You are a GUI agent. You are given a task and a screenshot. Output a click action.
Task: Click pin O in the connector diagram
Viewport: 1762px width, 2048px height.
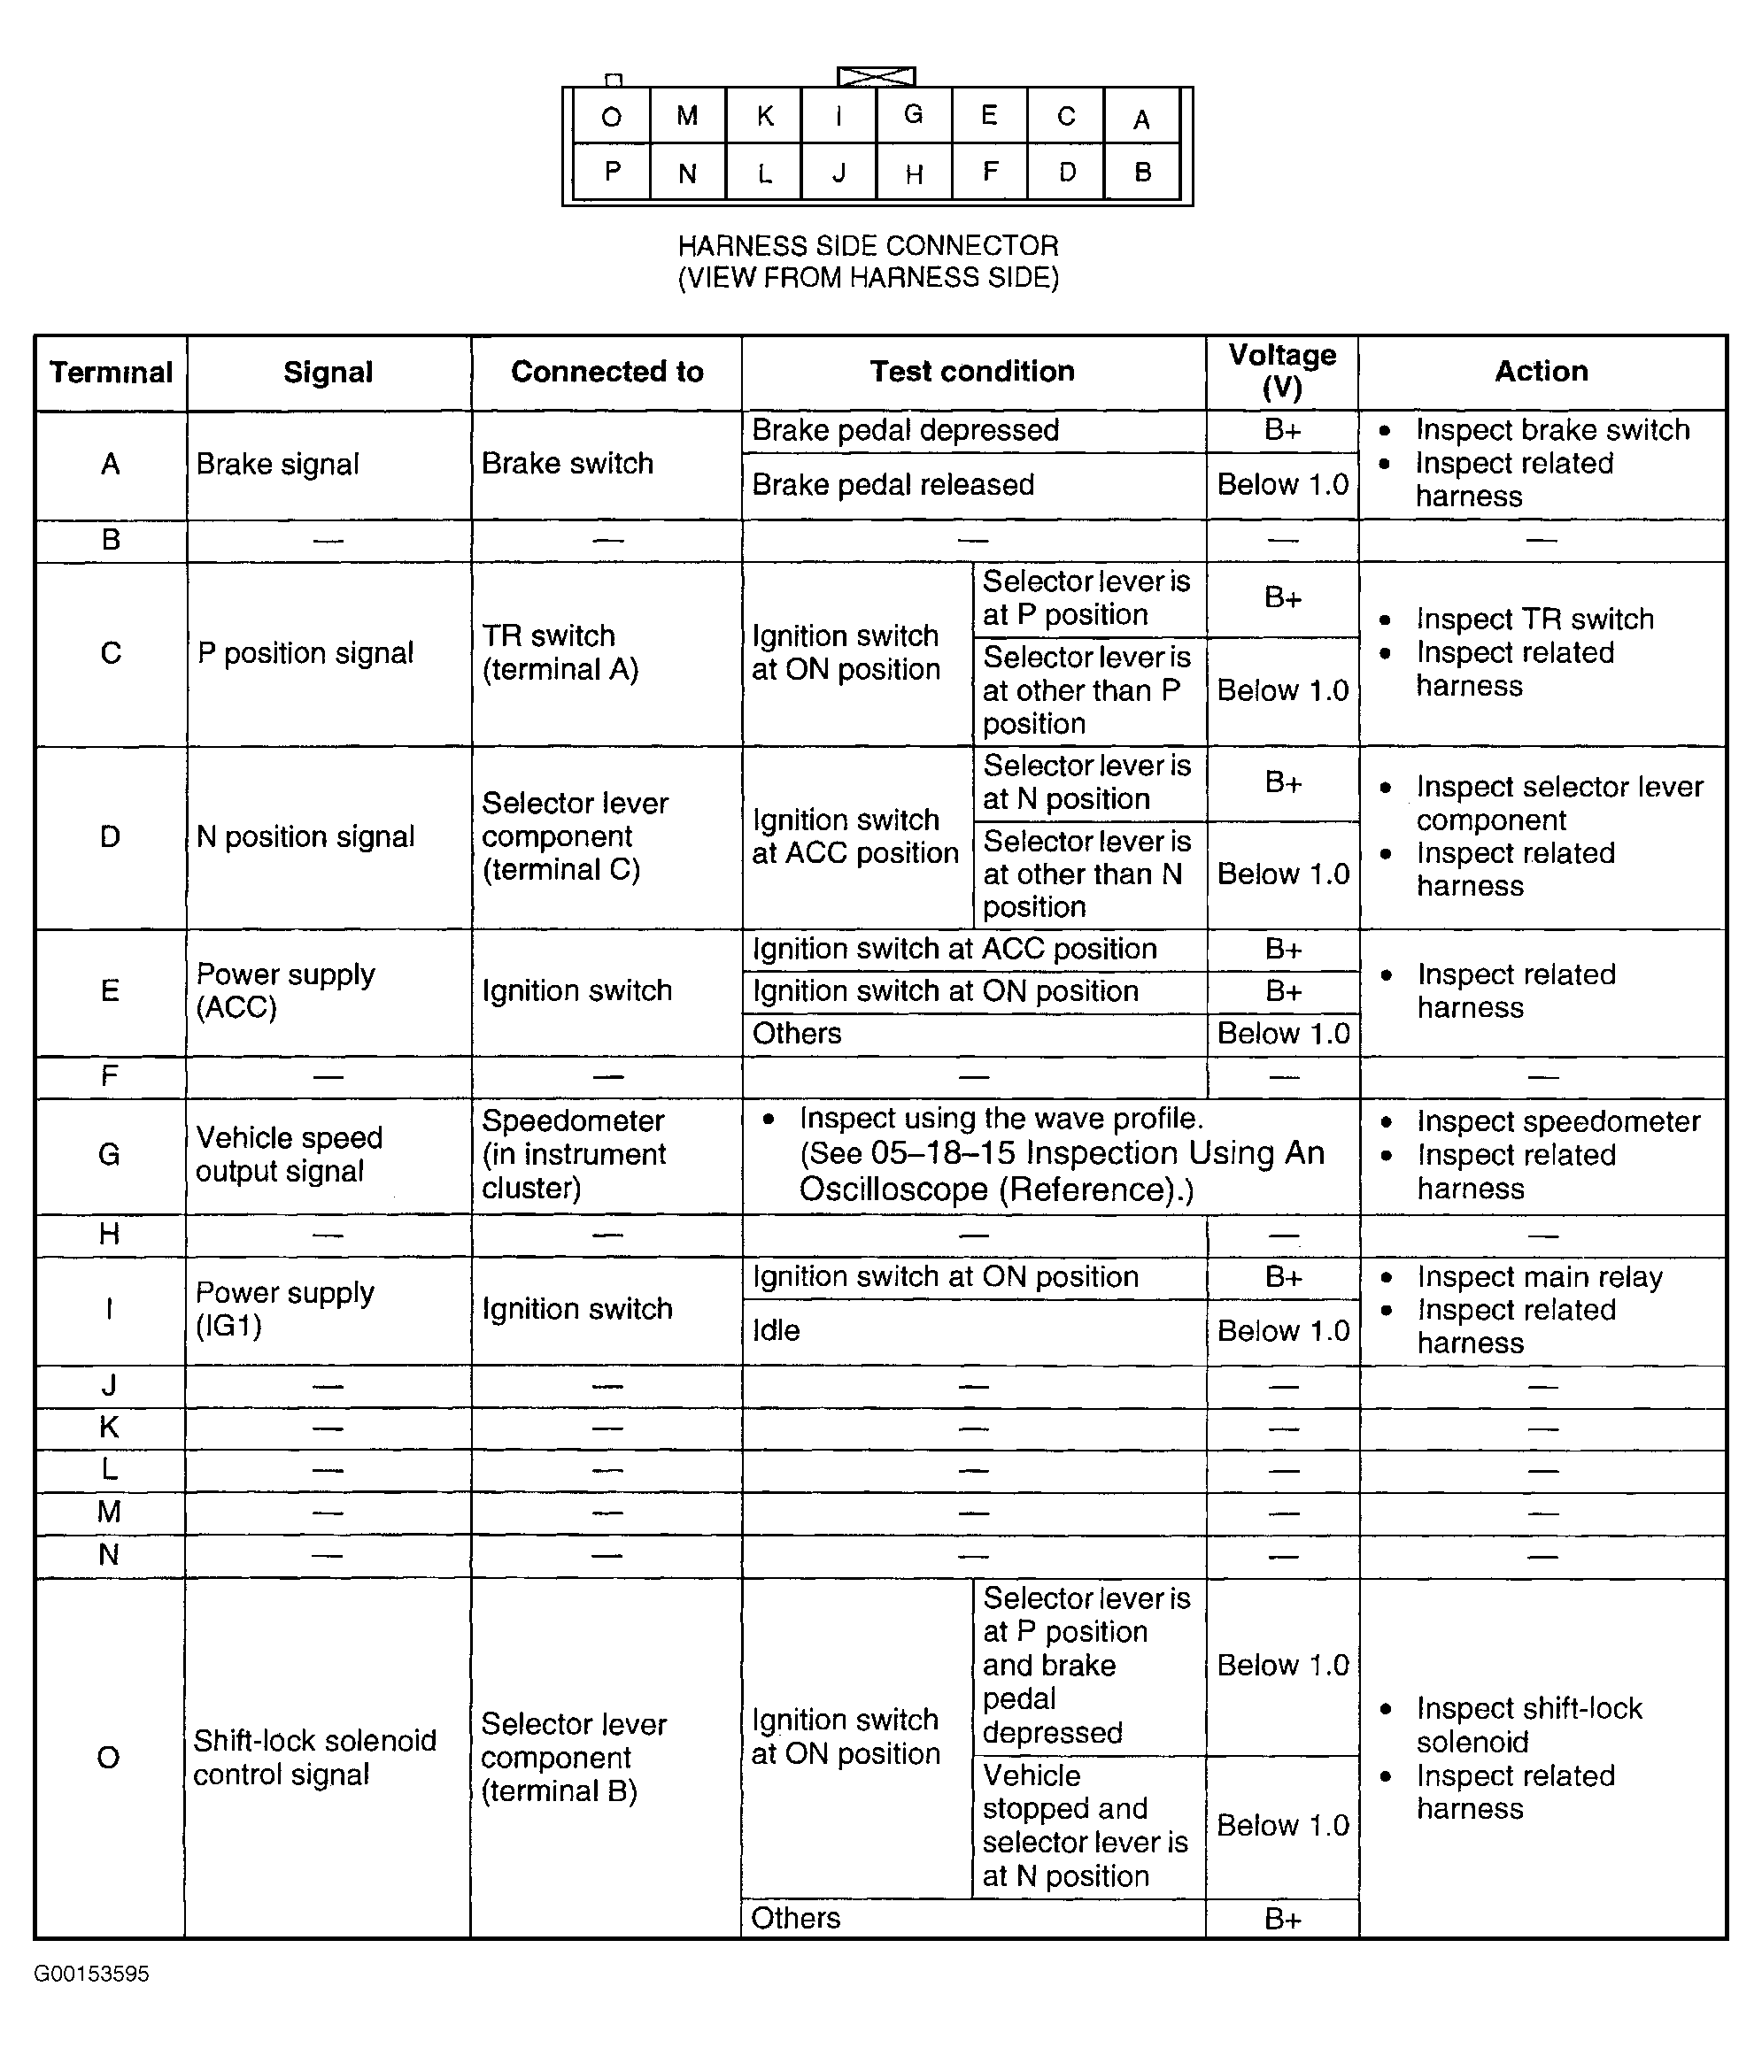pos(611,117)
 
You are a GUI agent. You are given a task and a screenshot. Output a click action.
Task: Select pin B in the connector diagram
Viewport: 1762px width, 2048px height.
pos(1142,173)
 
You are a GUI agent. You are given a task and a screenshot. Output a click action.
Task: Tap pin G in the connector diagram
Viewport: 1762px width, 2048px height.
pos(914,115)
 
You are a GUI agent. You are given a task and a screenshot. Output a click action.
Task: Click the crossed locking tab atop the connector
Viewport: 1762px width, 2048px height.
pos(876,76)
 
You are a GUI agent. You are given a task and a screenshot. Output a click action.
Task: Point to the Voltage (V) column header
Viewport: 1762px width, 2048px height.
pos(1281,371)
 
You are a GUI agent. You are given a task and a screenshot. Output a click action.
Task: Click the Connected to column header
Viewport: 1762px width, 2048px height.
pos(607,372)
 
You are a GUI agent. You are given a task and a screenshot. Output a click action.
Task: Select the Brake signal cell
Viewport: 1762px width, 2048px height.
pos(278,465)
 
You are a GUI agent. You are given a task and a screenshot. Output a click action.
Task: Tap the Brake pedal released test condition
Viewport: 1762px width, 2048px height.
pos(893,485)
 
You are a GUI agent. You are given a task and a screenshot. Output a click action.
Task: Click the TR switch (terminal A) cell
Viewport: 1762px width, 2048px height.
pos(560,652)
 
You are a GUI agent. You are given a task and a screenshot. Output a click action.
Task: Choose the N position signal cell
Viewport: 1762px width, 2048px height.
pos(305,837)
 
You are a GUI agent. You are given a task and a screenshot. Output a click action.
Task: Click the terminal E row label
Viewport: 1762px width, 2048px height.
pos(110,991)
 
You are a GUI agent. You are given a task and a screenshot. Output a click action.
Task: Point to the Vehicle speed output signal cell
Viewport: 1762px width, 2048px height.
pos(289,1154)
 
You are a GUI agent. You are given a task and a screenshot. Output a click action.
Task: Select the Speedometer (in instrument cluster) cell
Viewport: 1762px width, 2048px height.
pos(575,1154)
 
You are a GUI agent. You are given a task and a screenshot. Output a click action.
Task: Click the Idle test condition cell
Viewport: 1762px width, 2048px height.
pos(777,1330)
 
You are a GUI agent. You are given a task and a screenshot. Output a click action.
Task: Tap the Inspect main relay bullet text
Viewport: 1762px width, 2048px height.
pos(1540,1277)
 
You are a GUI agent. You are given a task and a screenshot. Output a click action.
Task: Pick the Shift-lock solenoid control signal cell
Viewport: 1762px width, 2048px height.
pos(314,1758)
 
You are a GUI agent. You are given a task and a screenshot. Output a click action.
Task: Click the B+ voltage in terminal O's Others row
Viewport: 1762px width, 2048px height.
pos(1281,1920)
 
